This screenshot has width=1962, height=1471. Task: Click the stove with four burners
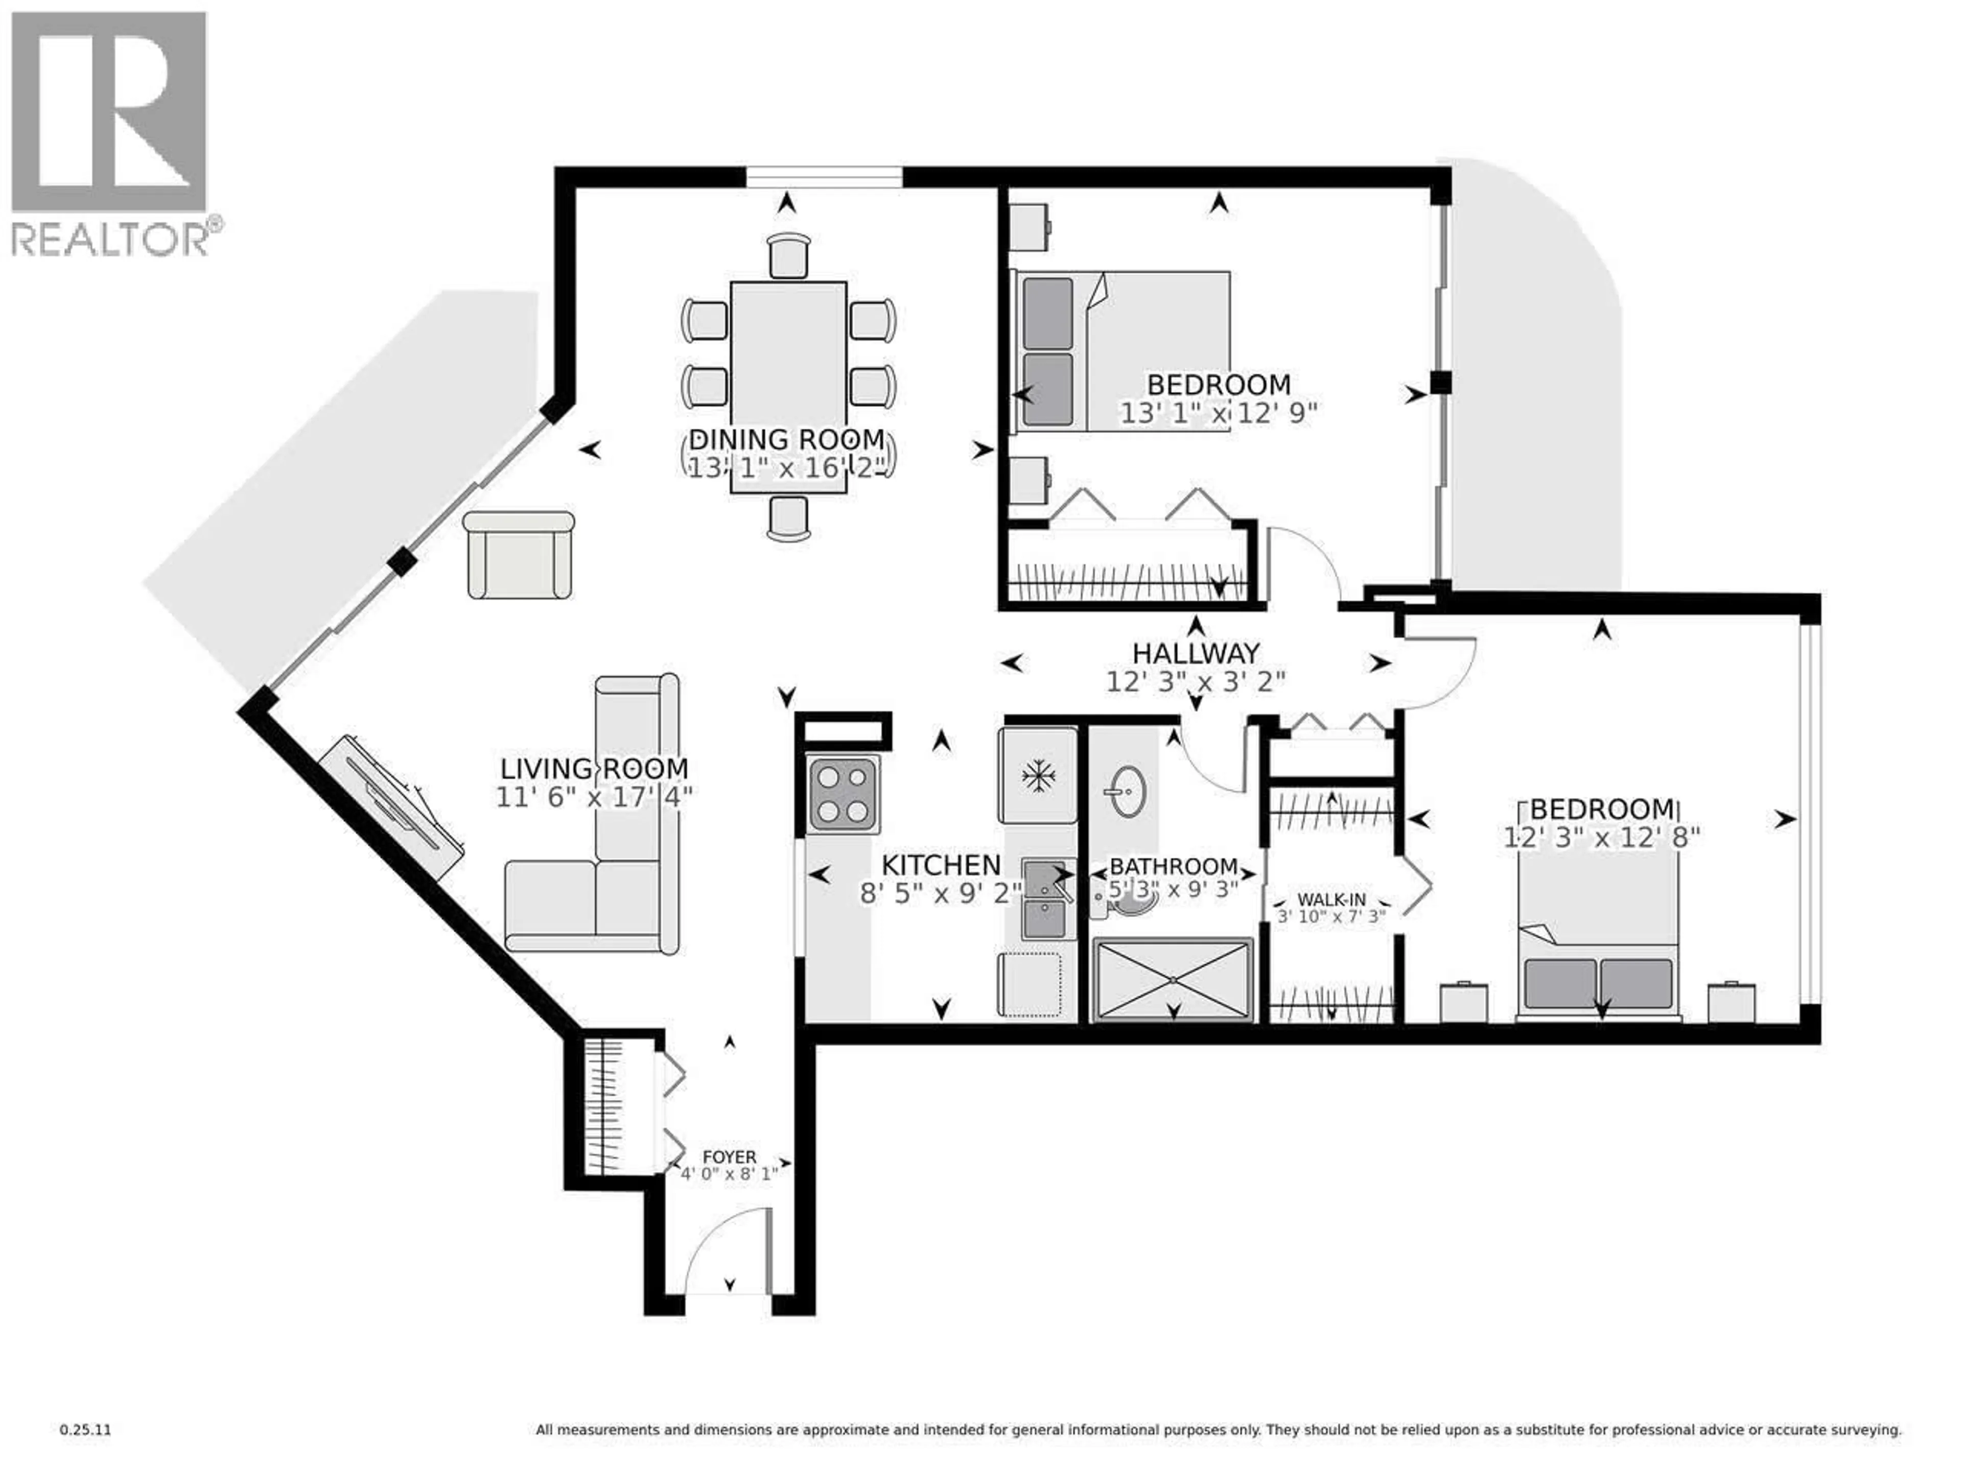click(843, 794)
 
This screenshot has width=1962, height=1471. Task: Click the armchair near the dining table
click(519, 555)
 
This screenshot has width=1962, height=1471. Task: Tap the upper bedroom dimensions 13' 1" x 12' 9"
click(1218, 413)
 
